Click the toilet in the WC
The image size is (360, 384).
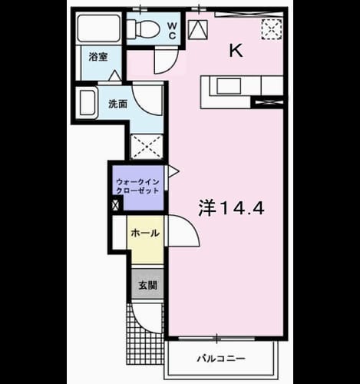[x=144, y=28]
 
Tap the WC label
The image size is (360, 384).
[x=172, y=31]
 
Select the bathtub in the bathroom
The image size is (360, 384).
[x=99, y=28]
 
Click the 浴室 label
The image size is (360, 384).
[x=98, y=57]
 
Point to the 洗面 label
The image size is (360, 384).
[x=117, y=104]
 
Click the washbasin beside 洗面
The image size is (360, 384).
[x=88, y=103]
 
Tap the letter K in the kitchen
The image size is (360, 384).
[x=236, y=51]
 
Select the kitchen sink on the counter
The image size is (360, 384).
[x=229, y=86]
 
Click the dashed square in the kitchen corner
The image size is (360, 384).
[x=272, y=29]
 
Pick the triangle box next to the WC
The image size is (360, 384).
[x=198, y=30]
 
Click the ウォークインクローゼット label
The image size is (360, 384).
[x=137, y=186]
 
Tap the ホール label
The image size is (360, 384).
[x=145, y=233]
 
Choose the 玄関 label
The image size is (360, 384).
[x=147, y=285]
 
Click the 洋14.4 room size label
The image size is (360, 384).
[x=231, y=208]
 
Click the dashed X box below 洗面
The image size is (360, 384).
[x=147, y=147]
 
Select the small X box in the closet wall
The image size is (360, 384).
[x=116, y=205]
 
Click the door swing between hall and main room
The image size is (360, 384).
[x=183, y=231]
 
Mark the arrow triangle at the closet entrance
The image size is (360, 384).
[x=173, y=171]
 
